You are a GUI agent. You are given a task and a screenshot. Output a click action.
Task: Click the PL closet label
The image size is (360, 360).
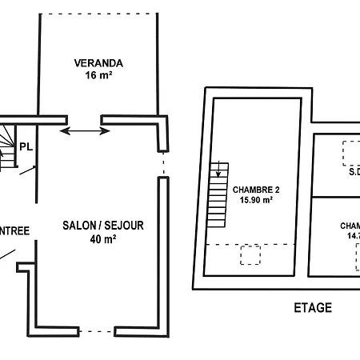point(26,146)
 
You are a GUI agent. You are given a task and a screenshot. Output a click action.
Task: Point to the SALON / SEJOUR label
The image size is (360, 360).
point(103,226)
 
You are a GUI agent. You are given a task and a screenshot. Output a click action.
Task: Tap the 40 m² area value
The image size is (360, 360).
point(102,239)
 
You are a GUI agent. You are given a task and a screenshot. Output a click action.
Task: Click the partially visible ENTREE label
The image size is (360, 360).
point(14,231)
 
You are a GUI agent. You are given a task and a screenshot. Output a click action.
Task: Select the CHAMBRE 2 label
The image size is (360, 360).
point(256,190)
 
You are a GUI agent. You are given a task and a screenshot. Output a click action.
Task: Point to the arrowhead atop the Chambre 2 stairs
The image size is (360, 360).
point(218,172)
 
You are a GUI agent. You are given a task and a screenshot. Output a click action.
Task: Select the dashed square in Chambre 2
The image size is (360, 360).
point(250,254)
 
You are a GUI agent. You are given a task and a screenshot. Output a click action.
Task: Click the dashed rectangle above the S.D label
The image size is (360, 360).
point(350,151)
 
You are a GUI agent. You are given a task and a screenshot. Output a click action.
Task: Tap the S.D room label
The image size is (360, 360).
point(354,170)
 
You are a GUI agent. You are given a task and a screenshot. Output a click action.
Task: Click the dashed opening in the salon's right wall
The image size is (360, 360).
point(163,165)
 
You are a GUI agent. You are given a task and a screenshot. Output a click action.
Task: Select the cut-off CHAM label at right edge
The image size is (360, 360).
point(350,226)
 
